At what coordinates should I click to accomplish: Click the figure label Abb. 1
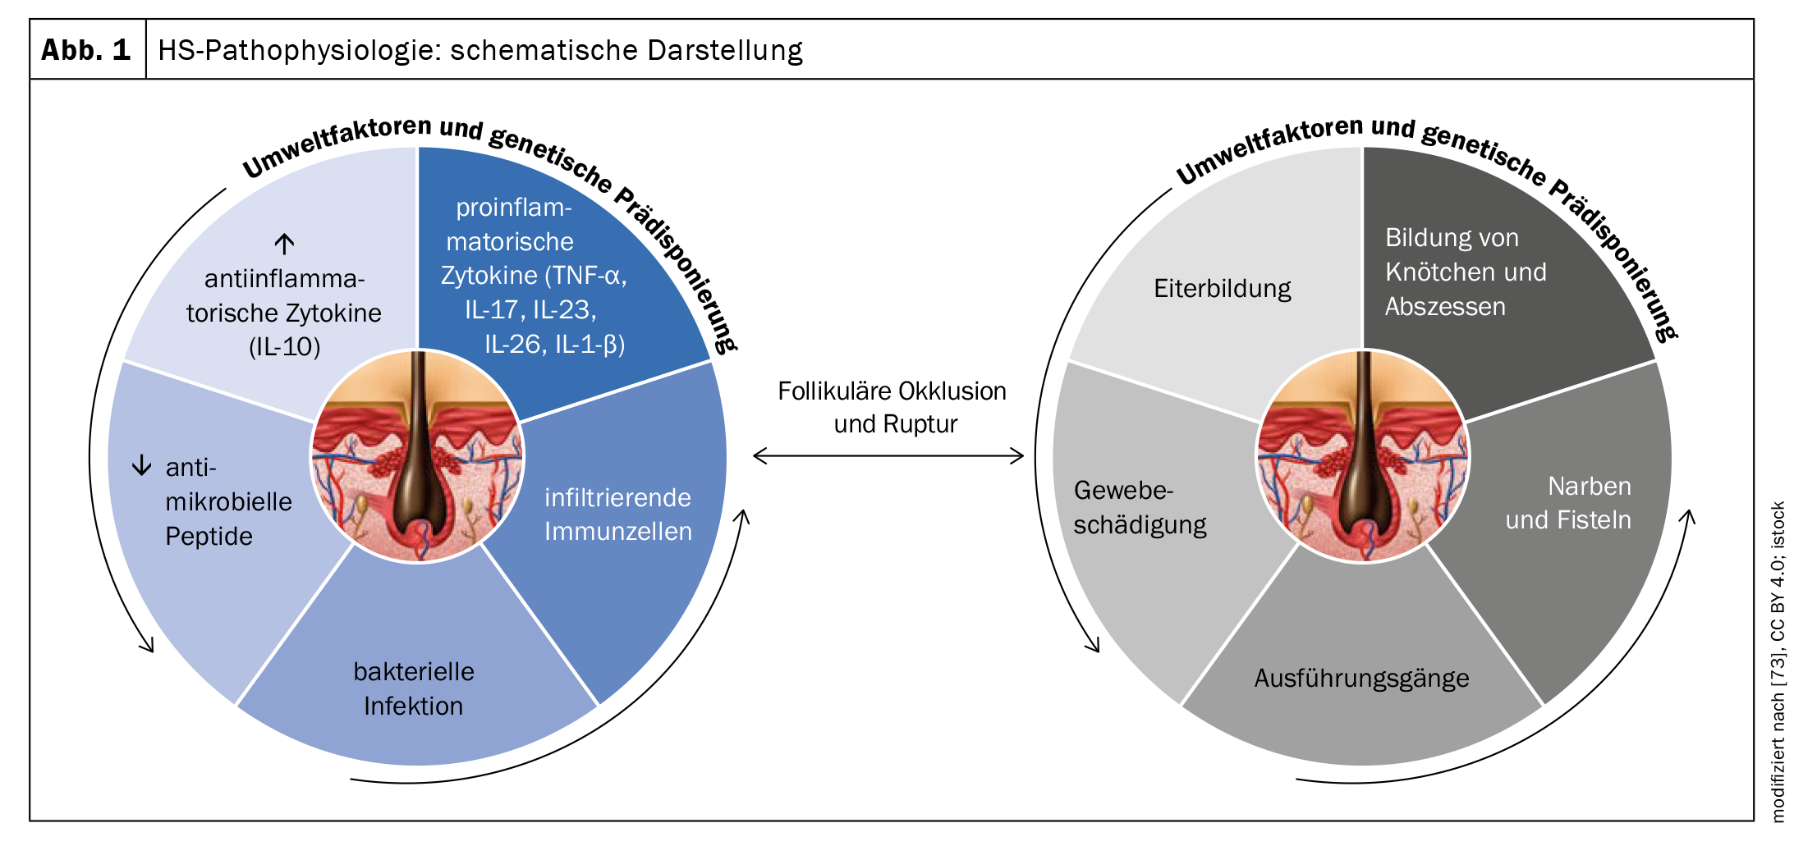(86, 50)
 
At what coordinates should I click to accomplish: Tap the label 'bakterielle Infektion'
(414, 688)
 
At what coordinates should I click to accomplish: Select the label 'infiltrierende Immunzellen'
(617, 514)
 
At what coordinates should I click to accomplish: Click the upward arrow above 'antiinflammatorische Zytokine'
(284, 244)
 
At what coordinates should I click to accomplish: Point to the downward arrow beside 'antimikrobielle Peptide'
(142, 465)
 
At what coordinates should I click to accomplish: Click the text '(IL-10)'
(284, 346)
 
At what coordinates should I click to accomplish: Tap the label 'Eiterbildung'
(1222, 288)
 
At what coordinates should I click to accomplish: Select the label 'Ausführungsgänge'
(1361, 678)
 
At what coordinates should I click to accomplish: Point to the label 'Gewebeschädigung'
(1140, 507)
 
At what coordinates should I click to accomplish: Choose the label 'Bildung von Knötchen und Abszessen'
(1465, 272)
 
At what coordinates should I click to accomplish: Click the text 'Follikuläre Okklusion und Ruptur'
(892, 407)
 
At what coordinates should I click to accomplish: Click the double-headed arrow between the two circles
(888, 455)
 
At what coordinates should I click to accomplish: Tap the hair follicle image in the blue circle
(417, 456)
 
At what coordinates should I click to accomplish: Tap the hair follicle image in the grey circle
(1363, 456)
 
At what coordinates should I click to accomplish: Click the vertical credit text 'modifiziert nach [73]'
(1778, 738)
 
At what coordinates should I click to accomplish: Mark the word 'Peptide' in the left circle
(209, 536)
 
